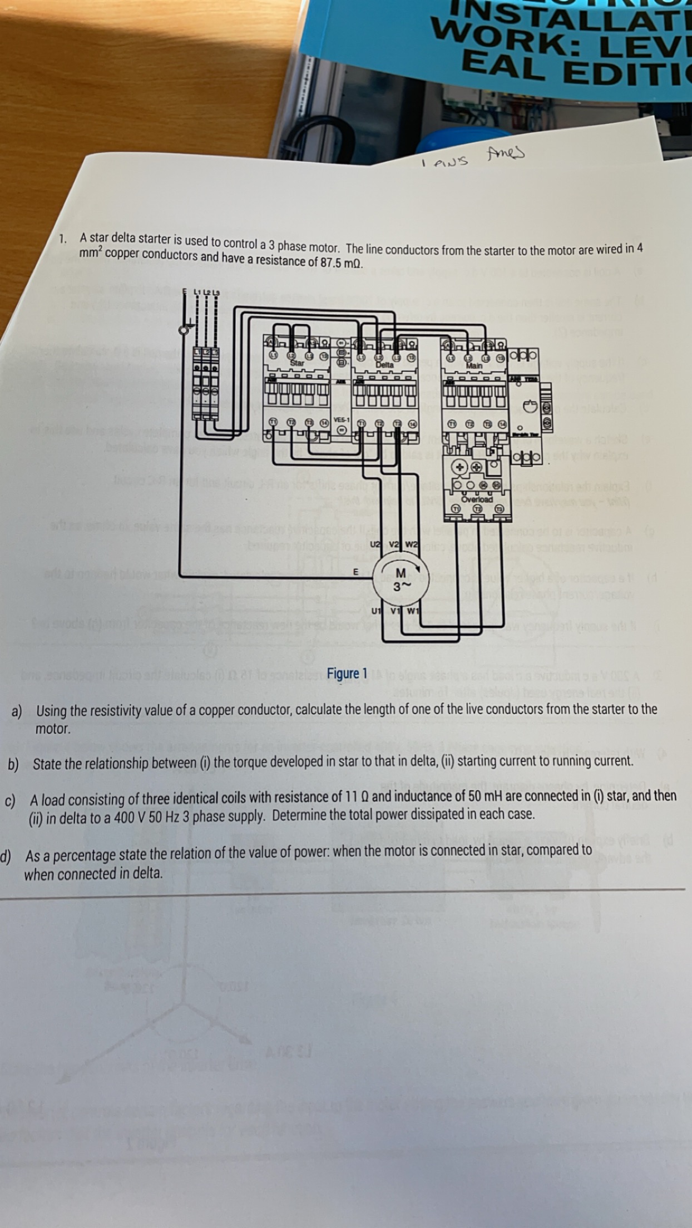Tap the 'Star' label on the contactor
(x=297, y=363)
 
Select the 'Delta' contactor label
(x=384, y=364)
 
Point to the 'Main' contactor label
(x=474, y=365)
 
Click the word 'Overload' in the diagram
(x=477, y=499)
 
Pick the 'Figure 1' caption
(x=347, y=674)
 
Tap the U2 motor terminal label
(x=376, y=544)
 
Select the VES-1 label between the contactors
(x=341, y=419)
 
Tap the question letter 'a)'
(x=17, y=711)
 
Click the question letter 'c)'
(x=10, y=801)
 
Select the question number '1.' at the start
(x=63, y=239)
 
